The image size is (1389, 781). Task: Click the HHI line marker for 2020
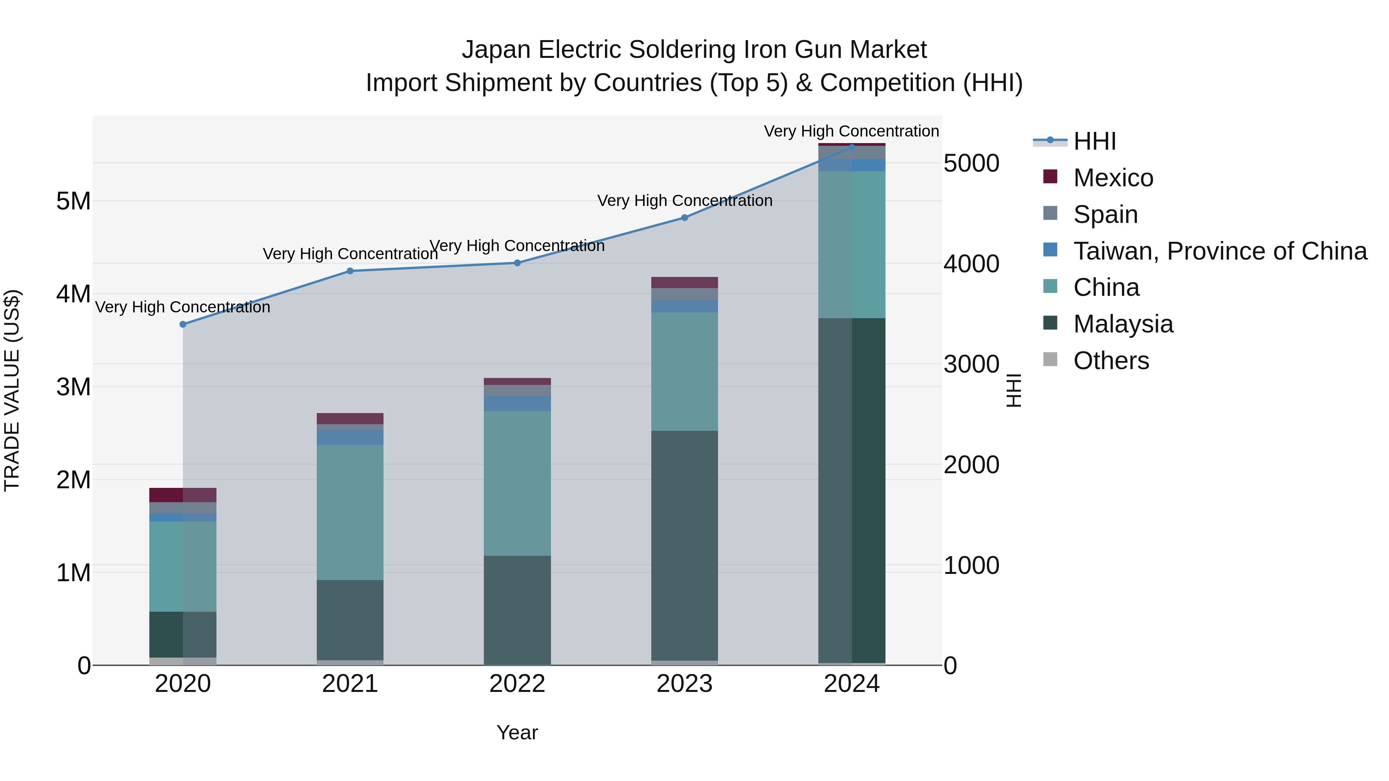183,324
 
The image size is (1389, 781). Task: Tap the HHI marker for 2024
852,147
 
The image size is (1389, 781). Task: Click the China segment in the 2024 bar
852,244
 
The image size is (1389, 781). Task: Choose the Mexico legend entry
1113,178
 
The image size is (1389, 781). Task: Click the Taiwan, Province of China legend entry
1220,251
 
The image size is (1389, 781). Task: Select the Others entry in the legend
1111,361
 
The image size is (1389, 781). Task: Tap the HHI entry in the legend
1094,141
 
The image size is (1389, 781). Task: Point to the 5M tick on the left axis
73,201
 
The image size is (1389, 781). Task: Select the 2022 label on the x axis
517,684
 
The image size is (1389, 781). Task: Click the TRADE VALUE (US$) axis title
12,390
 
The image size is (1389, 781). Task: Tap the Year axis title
517,732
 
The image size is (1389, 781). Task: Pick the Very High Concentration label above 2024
852,131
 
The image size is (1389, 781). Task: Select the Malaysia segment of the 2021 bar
350,620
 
